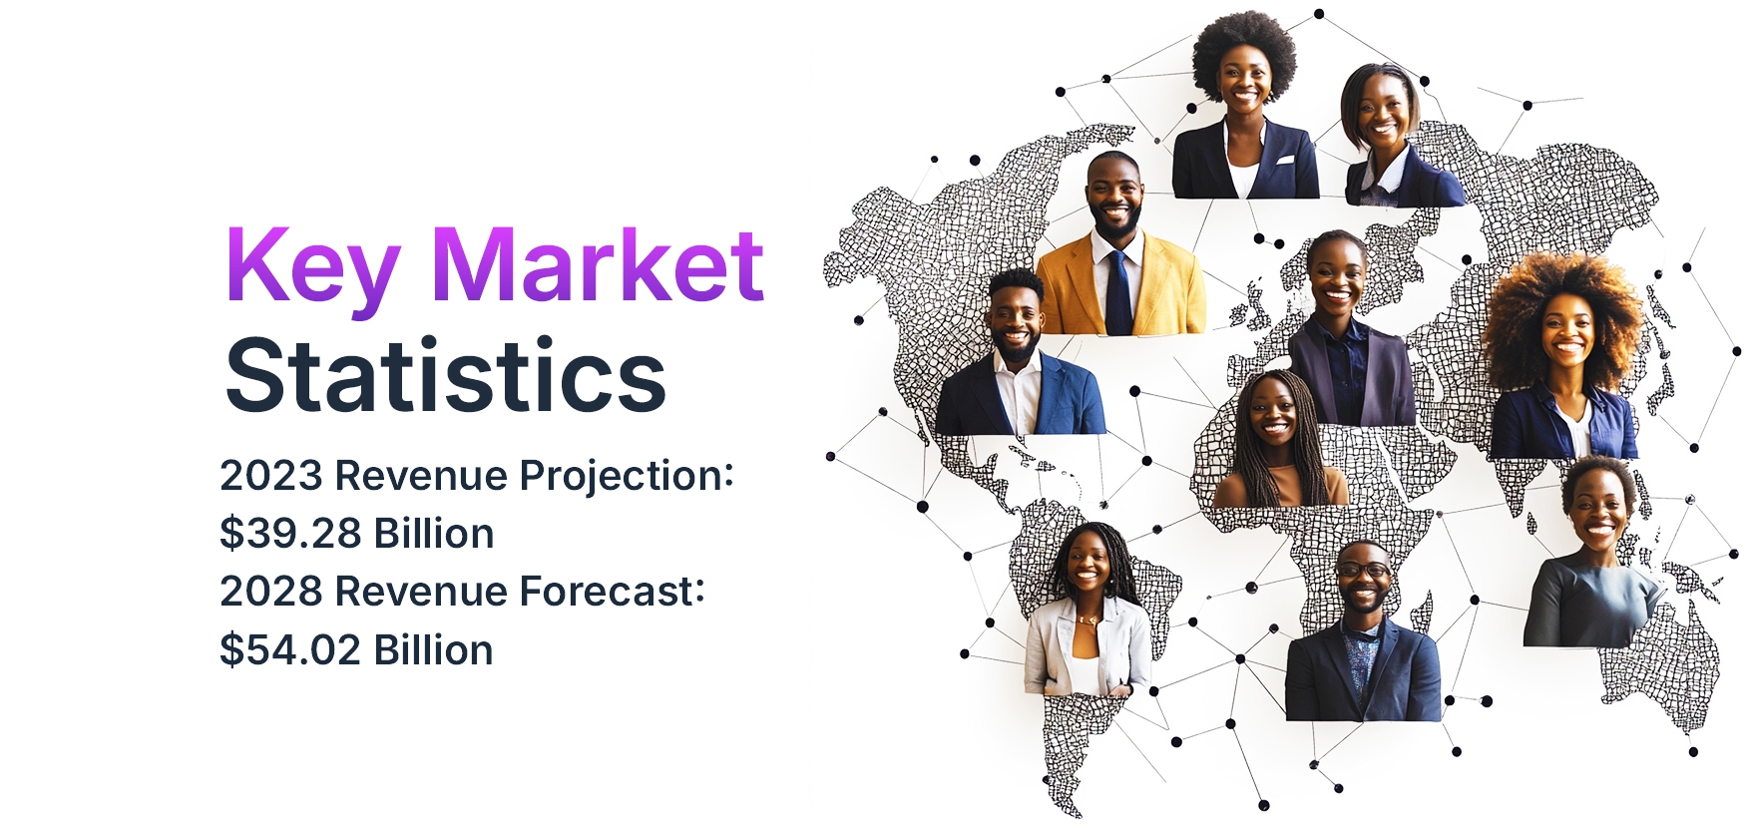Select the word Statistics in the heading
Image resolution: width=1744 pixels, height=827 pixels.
pos(445,375)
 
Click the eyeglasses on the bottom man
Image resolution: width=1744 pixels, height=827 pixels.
pos(1362,571)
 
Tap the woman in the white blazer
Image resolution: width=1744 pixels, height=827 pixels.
pos(1088,610)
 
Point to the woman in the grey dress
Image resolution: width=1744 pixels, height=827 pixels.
pos(1593,553)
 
